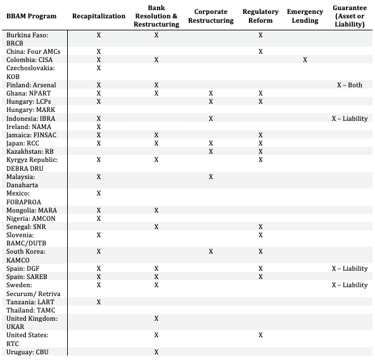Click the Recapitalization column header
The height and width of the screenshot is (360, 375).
[x=98, y=16]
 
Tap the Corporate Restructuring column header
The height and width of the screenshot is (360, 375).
[x=211, y=16]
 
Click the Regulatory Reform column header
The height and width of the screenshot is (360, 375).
[x=260, y=16]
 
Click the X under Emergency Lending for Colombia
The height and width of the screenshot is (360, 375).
[x=305, y=59]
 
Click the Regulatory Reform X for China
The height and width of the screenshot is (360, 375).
[x=260, y=51]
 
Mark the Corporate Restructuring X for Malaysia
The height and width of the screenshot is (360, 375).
[x=211, y=177]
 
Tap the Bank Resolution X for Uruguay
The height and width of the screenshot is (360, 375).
[x=156, y=351]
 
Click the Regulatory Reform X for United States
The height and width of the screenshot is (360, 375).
[x=260, y=335]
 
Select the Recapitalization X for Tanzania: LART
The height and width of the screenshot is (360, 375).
[x=98, y=302]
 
